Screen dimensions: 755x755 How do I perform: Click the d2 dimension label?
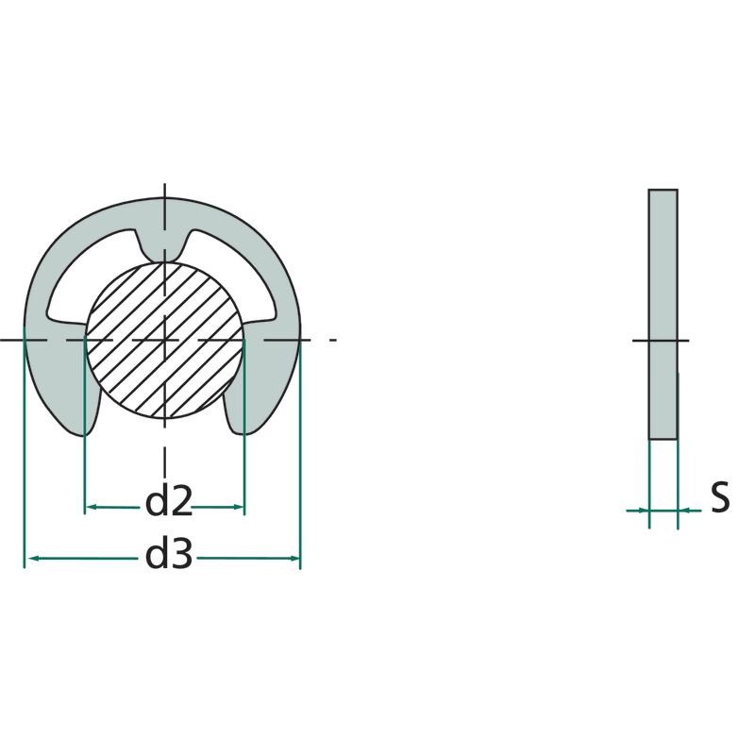169,501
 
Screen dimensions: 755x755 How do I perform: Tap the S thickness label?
720,498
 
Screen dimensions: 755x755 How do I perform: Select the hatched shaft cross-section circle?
165,340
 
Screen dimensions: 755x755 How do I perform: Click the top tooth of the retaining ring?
164,246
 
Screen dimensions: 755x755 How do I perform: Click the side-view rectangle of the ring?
663,314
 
